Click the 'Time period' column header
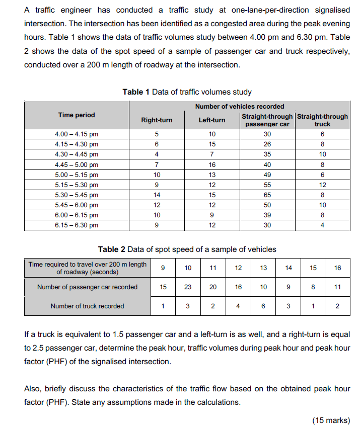pyautogui.click(x=77, y=115)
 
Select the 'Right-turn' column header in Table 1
pyautogui.click(x=157, y=120)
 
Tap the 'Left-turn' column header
pyautogui.click(x=212, y=120)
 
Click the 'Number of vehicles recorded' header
pyautogui.click(x=240, y=106)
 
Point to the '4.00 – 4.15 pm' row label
pyautogui.click(x=77, y=134)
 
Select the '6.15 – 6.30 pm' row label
pyautogui.click(x=77, y=225)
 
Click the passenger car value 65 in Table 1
pyautogui.click(x=267, y=195)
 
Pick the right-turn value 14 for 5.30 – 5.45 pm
pyautogui.click(x=157, y=195)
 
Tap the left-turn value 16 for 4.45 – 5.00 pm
pyautogui.click(x=212, y=164)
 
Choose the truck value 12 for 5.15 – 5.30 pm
pyautogui.click(x=322, y=185)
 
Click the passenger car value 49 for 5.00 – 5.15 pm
pyautogui.click(x=267, y=175)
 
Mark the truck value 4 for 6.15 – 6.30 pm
pyautogui.click(x=322, y=225)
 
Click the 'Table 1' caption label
pyautogui.click(x=136, y=92)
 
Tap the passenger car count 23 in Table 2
pyautogui.click(x=188, y=287)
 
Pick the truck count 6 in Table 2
pyautogui.click(x=263, y=306)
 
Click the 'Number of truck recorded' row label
pyautogui.click(x=87, y=306)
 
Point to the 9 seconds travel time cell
pyautogui.click(x=163, y=268)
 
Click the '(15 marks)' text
pyautogui.click(x=331, y=420)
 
